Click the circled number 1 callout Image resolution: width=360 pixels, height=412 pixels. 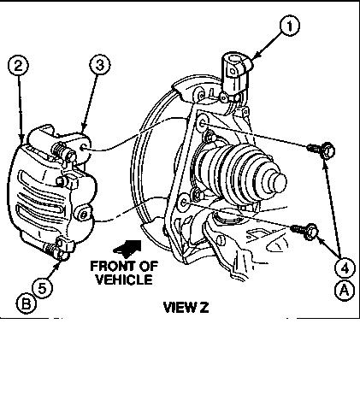point(289,26)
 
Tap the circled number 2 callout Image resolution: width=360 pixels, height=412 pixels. point(18,66)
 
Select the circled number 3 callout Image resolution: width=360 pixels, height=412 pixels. point(100,65)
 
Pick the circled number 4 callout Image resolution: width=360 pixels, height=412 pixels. point(345,268)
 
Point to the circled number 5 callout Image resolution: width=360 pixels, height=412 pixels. point(42,288)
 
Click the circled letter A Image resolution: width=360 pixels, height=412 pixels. point(345,291)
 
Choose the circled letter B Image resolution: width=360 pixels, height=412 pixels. point(26,304)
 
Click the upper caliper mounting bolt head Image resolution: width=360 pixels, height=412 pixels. point(328,150)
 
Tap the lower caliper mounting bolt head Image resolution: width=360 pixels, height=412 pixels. point(311,232)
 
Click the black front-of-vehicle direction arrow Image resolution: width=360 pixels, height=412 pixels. point(127,247)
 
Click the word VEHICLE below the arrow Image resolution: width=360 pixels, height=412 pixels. point(124,280)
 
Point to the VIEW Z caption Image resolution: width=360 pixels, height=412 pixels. point(186,308)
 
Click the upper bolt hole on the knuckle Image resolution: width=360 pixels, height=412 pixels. point(202,123)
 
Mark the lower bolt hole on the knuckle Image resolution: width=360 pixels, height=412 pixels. point(185,203)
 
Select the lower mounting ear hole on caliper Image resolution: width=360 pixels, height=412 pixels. point(83,215)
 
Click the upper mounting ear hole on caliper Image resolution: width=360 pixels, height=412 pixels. point(83,147)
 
